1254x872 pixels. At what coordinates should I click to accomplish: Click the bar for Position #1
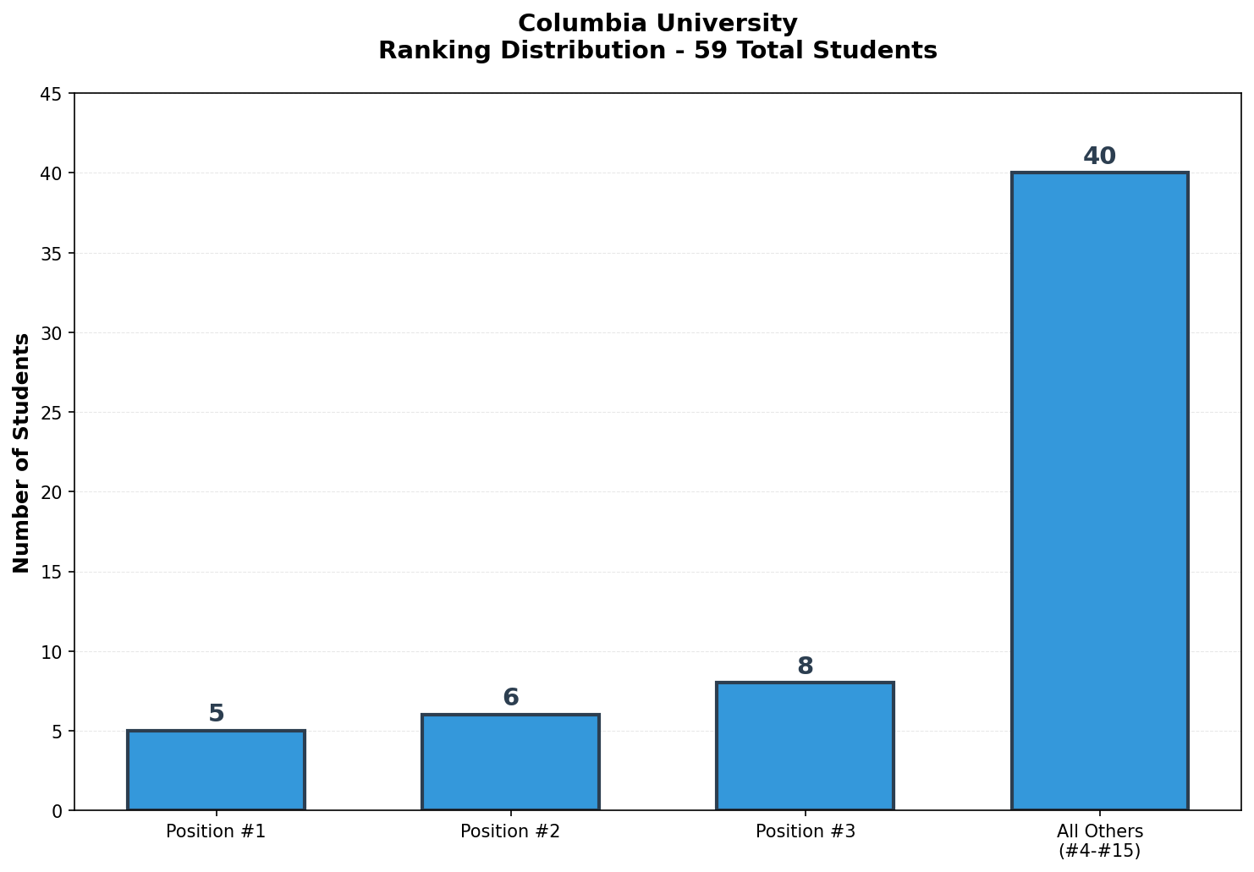pyautogui.click(x=216, y=771)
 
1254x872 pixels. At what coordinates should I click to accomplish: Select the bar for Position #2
pyautogui.click(x=510, y=762)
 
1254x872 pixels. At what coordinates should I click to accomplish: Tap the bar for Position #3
pyautogui.click(x=805, y=746)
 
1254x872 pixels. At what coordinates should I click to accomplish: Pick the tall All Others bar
pyautogui.click(x=1099, y=491)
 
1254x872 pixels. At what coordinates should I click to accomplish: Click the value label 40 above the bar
pyautogui.click(x=1099, y=156)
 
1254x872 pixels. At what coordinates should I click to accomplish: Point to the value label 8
pyautogui.click(x=805, y=666)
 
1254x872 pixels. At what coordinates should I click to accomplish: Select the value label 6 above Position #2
pyautogui.click(x=510, y=698)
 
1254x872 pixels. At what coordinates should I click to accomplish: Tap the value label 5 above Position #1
pyautogui.click(x=216, y=714)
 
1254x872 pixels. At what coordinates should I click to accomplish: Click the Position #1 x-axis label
pyautogui.click(x=216, y=831)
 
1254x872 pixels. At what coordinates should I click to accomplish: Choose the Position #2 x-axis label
pyautogui.click(x=510, y=831)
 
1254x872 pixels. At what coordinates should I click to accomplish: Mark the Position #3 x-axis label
pyautogui.click(x=805, y=831)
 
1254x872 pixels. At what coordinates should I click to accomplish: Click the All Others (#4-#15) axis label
pyautogui.click(x=1099, y=841)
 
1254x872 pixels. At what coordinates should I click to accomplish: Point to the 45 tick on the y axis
pyautogui.click(x=51, y=94)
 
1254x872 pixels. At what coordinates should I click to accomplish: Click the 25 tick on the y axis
pyautogui.click(x=51, y=413)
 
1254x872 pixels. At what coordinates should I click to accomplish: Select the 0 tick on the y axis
pyautogui.click(x=57, y=811)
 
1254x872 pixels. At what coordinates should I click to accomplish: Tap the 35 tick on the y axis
pyautogui.click(x=51, y=254)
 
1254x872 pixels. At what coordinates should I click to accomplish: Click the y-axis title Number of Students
pyautogui.click(x=22, y=452)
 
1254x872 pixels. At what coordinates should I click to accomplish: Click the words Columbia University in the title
pyautogui.click(x=657, y=24)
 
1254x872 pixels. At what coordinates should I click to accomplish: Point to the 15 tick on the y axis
pyautogui.click(x=51, y=573)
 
